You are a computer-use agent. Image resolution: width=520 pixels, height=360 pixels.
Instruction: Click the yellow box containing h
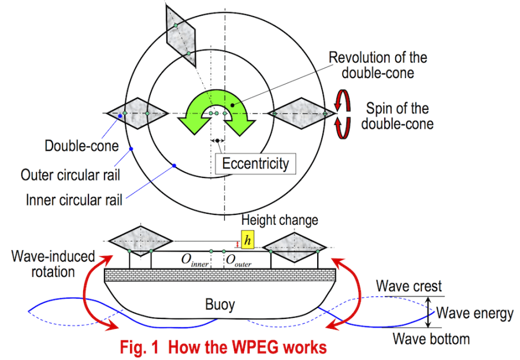247,240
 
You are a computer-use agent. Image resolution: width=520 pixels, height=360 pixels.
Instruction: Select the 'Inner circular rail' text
74,201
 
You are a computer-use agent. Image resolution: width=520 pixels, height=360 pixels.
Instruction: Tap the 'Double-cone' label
73,146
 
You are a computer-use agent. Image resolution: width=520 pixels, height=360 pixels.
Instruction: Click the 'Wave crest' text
408,286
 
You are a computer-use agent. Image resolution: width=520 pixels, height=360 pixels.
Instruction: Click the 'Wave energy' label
474,313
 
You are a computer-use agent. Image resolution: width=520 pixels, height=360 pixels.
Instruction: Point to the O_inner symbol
195,261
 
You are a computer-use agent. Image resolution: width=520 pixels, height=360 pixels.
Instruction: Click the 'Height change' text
280,220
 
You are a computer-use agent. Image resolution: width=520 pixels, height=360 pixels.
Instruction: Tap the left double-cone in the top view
136,113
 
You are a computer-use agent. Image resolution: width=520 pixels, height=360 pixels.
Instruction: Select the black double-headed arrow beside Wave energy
428,312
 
